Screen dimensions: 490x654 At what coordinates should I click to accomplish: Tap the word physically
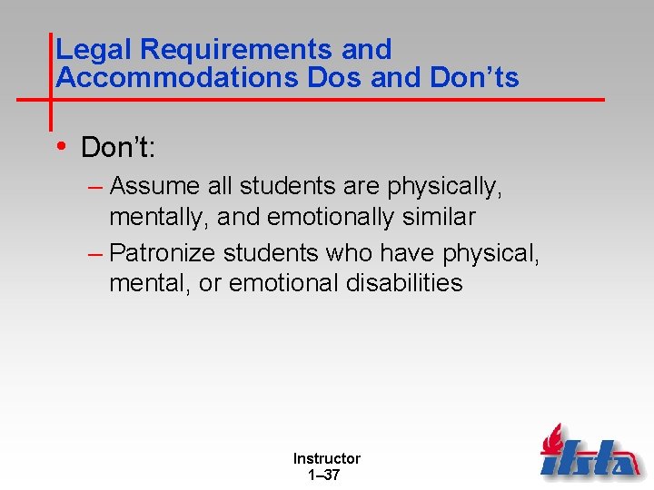click(444, 186)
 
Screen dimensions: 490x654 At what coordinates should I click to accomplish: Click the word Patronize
click(161, 251)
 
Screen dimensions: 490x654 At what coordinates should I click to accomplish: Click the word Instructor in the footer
click(326, 459)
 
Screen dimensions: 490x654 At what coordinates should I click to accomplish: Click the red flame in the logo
click(551, 440)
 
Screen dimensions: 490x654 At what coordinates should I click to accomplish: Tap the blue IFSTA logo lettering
click(590, 457)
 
